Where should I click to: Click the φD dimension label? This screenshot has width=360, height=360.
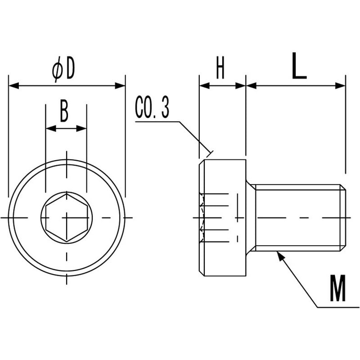(63, 69)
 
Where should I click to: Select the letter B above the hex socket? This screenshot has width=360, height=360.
(64, 111)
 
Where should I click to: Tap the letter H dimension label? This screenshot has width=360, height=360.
(220, 68)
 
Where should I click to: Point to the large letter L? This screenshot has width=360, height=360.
(299, 66)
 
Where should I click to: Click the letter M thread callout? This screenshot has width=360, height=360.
(338, 288)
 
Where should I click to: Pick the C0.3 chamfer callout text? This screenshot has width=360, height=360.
(152, 107)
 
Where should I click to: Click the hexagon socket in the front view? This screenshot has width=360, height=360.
(67, 217)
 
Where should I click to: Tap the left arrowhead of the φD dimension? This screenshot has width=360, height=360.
(13, 86)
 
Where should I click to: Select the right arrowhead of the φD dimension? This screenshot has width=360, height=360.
(120, 86)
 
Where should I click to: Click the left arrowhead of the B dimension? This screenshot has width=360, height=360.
(51, 129)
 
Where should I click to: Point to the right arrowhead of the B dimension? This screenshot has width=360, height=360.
(81, 129)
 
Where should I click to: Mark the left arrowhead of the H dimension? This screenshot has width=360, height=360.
(205, 86)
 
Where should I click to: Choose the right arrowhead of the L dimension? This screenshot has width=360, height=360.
(340, 86)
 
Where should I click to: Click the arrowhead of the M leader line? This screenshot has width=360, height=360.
(279, 256)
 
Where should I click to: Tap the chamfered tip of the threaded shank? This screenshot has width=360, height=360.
(343, 217)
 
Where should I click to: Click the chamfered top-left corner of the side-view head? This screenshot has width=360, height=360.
(202, 162)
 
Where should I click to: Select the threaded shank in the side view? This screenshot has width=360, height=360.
(298, 217)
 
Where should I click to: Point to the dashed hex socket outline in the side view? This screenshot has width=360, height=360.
(202, 217)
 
